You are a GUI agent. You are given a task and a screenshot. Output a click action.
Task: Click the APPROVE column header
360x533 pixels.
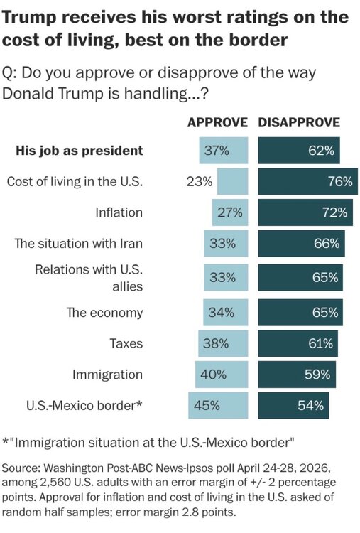click(x=217, y=122)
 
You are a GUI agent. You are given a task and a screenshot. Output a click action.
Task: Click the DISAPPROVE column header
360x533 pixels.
click(x=299, y=122)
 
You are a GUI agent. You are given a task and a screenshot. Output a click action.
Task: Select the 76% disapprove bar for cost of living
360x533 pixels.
click(x=307, y=181)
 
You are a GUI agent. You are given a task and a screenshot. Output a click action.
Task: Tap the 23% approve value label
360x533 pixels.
click(x=200, y=181)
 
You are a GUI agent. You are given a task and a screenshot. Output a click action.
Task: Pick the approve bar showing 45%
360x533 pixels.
click(x=218, y=406)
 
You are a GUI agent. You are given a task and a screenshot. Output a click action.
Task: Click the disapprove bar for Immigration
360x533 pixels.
click(x=297, y=375)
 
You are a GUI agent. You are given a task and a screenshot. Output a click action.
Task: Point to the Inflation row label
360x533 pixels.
click(x=119, y=212)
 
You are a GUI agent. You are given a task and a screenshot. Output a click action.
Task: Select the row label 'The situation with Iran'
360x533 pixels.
click(x=78, y=244)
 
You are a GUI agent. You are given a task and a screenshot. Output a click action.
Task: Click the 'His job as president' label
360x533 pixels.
click(x=80, y=151)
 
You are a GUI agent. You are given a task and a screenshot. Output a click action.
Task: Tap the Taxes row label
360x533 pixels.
click(x=126, y=344)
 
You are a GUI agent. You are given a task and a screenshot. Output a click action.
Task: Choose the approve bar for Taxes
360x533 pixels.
click(x=223, y=344)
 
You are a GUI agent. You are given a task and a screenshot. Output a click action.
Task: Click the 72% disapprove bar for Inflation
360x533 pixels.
click(x=305, y=212)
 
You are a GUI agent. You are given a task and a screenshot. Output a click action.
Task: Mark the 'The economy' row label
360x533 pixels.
click(x=104, y=313)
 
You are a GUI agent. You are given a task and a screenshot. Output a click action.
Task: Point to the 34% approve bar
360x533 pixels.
click(x=226, y=313)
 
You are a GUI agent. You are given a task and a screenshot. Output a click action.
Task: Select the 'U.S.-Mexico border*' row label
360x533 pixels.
click(x=84, y=406)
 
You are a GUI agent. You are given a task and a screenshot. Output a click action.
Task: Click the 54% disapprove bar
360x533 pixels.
click(x=293, y=406)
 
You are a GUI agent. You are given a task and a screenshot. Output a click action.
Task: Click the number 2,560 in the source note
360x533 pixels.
click(x=53, y=483)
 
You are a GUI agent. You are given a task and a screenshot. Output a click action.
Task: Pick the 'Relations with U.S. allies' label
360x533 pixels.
click(x=89, y=278)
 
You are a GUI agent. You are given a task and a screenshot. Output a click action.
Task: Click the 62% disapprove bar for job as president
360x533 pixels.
click(x=299, y=151)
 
